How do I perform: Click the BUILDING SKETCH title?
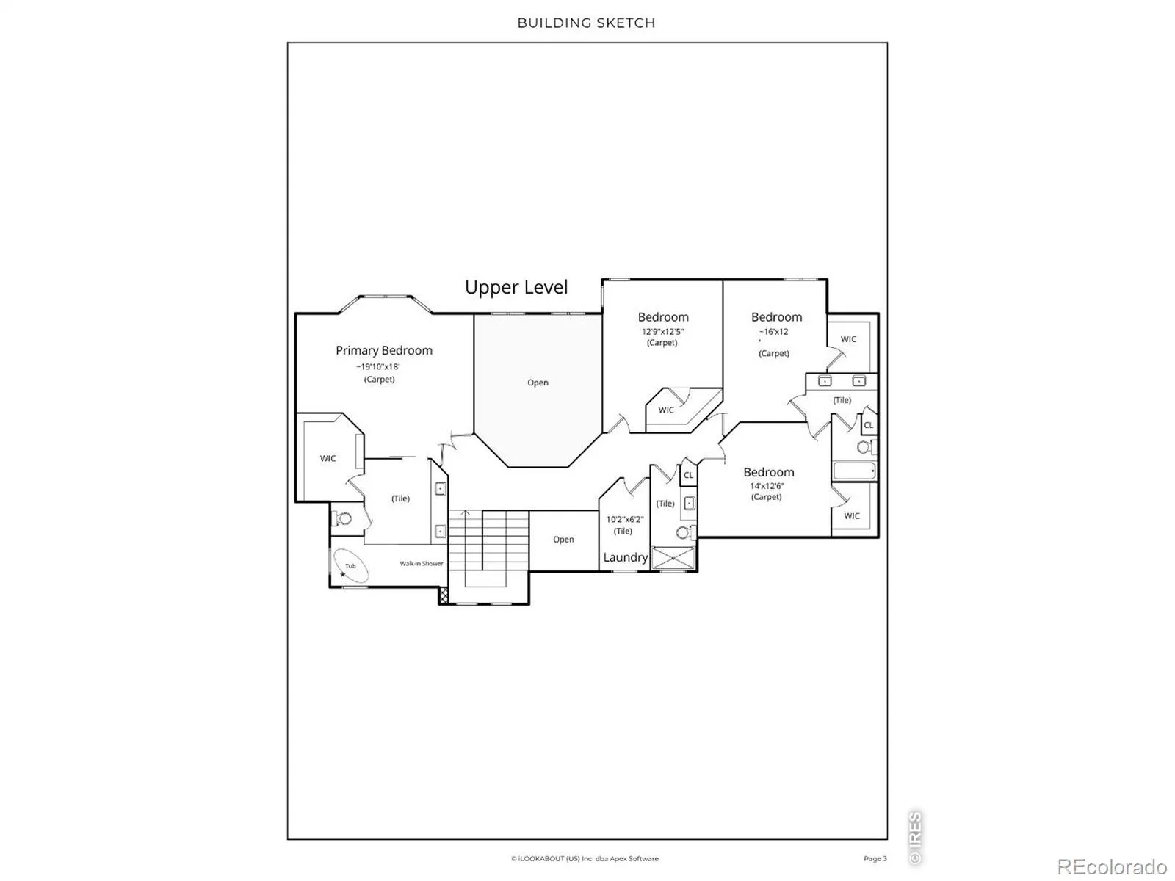(586, 23)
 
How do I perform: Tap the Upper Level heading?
(516, 288)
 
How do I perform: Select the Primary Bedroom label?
(384, 351)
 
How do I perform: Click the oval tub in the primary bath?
(350, 565)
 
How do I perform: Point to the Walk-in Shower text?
(422, 563)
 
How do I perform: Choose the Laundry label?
(625, 557)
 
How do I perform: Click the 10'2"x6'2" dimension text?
(625, 519)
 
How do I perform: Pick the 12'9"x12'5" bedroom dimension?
(662, 332)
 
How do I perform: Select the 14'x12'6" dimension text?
(767, 486)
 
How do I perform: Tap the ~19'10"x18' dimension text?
(378, 367)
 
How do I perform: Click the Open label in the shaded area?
(538, 383)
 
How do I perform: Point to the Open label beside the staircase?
(563, 539)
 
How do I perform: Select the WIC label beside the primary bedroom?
(328, 458)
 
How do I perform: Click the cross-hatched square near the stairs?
(444, 595)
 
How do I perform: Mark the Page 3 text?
(875, 858)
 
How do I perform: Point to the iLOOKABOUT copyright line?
(585, 858)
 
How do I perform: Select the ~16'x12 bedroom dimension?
(773, 332)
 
